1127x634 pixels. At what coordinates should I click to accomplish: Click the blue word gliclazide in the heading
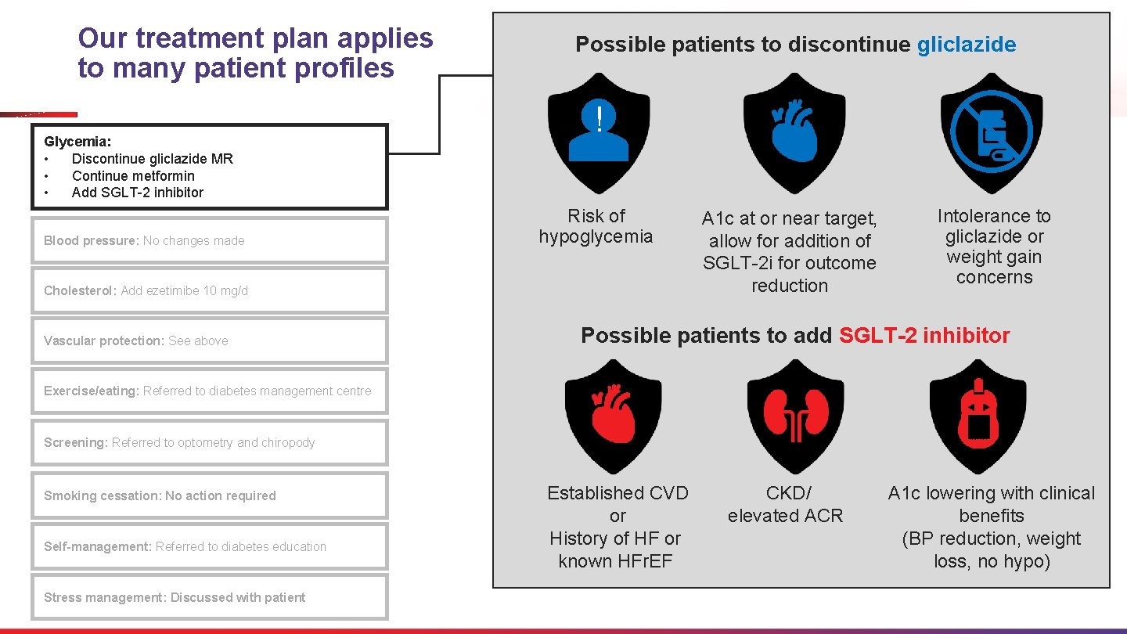pyautogui.click(x=966, y=45)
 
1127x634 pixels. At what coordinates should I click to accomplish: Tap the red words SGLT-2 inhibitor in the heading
pyautogui.click(x=924, y=336)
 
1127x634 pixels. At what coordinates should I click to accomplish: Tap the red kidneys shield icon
pyautogui.click(x=795, y=416)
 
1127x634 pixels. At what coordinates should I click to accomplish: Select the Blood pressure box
pyautogui.click(x=210, y=240)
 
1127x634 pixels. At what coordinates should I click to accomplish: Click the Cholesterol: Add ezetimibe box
pyautogui.click(x=210, y=290)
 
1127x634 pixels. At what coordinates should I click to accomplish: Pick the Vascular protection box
pyautogui.click(x=210, y=340)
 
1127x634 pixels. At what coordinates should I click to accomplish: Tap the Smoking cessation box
pyautogui.click(x=210, y=495)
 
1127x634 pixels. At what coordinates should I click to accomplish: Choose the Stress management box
pyautogui.click(x=210, y=597)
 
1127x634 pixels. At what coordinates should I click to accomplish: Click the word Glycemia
pyautogui.click(x=77, y=142)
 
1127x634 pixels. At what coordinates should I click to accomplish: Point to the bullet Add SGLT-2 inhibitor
pyautogui.click(x=137, y=193)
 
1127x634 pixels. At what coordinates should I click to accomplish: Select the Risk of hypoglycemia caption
pyautogui.click(x=596, y=226)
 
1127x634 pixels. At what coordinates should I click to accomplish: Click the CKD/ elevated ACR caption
pyautogui.click(x=785, y=504)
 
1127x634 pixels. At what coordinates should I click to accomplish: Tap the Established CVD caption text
pyautogui.click(x=618, y=493)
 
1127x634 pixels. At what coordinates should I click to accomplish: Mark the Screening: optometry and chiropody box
pyautogui.click(x=210, y=442)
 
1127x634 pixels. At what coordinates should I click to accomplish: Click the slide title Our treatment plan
pyautogui.click(x=255, y=52)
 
